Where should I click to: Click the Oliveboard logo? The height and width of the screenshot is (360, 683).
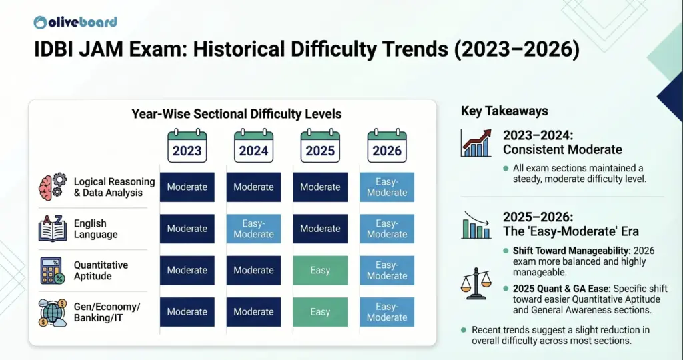pyautogui.click(x=75, y=21)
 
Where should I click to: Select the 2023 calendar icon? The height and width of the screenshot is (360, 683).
pyautogui.click(x=187, y=145)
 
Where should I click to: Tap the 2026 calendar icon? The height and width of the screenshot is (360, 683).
pyautogui.click(x=387, y=145)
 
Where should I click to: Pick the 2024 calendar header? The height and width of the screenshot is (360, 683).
pyautogui.click(x=253, y=145)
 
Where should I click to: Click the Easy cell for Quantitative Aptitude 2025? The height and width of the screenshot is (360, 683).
pyautogui.click(x=320, y=270)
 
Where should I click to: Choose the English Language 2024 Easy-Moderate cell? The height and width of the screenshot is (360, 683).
pyautogui.click(x=253, y=229)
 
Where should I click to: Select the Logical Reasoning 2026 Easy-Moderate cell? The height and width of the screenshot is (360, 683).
pyautogui.click(x=387, y=187)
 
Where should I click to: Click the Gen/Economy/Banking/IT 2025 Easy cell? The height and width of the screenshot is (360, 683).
pyautogui.click(x=320, y=311)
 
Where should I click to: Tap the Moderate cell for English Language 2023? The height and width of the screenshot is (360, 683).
pyautogui.click(x=187, y=229)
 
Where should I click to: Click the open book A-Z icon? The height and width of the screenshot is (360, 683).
pyautogui.click(x=52, y=229)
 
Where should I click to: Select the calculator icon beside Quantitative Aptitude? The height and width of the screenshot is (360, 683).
pyautogui.click(x=52, y=270)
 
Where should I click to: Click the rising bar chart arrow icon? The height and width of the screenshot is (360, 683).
pyautogui.click(x=476, y=143)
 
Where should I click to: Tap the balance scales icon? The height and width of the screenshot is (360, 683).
pyautogui.click(x=476, y=283)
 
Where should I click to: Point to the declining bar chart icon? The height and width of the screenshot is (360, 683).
pyautogui.click(x=476, y=225)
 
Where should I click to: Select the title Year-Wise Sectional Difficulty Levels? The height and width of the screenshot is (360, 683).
pyautogui.click(x=236, y=114)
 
